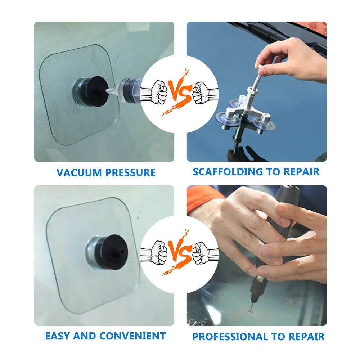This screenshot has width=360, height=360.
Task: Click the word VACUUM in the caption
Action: tap(79, 173)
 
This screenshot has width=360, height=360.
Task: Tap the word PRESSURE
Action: tap(130, 173)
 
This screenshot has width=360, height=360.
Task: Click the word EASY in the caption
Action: tap(58, 336)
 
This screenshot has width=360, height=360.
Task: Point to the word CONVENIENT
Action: tap(136, 336)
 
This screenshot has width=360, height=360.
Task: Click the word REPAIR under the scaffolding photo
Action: tap(301, 172)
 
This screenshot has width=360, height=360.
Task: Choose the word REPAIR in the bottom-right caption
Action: tap(306, 337)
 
